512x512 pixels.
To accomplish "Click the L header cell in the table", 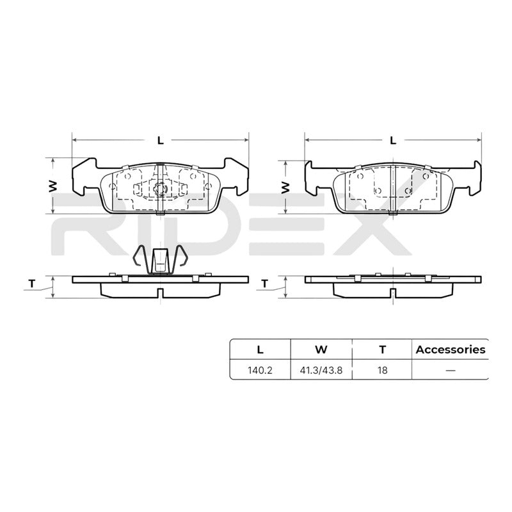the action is [260, 349].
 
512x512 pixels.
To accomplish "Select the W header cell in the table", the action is [321, 349].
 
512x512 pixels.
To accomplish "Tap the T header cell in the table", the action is [382, 349].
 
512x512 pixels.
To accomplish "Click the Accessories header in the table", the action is [451, 349].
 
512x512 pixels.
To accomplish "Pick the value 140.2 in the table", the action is [260, 371].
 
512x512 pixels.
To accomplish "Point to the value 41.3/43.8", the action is [321, 371].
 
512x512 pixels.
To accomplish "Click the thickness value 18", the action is [382, 371].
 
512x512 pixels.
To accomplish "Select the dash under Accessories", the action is [451, 371].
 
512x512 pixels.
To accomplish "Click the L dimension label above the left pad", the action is [160, 140].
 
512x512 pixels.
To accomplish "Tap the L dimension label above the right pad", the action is [393, 140].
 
